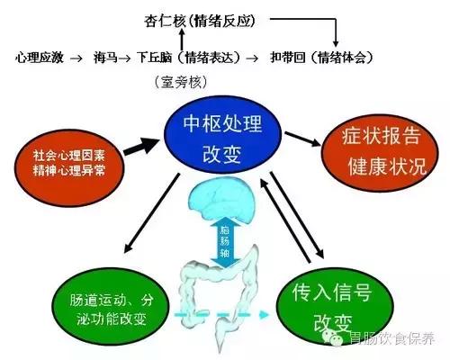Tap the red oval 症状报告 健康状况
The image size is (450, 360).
(x=378, y=152)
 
